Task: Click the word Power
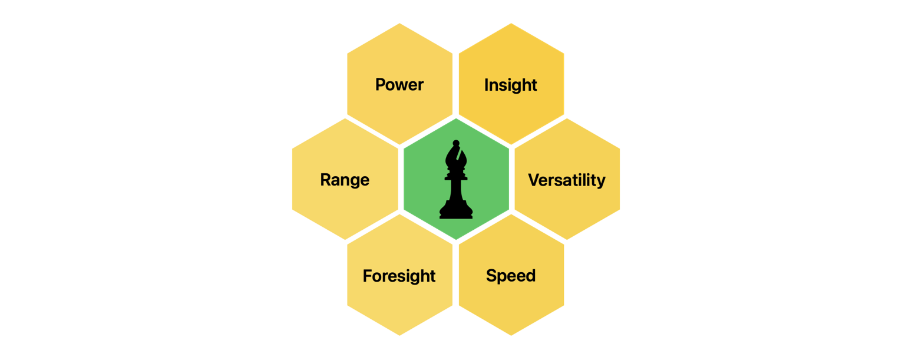[399, 85]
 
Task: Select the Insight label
[511, 85]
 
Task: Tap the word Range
[345, 180]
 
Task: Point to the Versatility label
[567, 180]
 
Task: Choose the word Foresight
[399, 276]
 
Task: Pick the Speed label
[511, 276]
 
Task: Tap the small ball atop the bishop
[455, 143]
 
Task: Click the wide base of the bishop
[456, 212]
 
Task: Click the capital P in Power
[381, 85]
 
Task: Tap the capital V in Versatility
[534, 180]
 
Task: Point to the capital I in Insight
[487, 85]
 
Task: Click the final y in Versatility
[602, 181]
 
